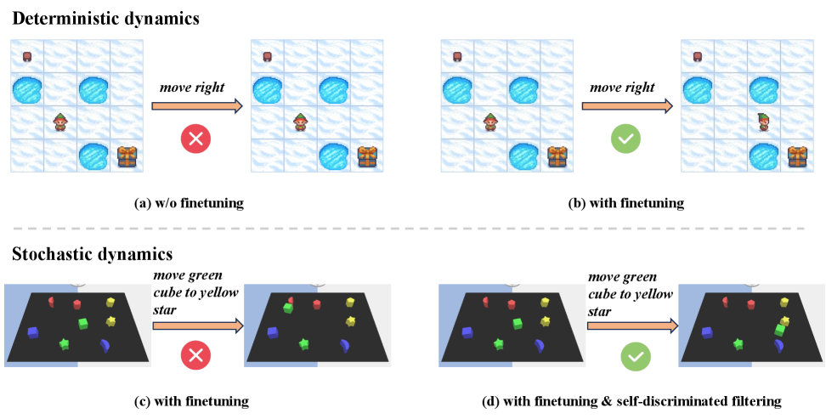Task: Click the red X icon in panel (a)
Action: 195,139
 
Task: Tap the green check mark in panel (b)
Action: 625,139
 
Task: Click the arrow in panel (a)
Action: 197,107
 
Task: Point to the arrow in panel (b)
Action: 627,107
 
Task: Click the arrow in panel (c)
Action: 197,325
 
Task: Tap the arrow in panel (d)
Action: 632,325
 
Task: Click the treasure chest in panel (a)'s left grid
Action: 127,156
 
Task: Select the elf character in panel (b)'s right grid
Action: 762,123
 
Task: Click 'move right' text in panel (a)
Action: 194,88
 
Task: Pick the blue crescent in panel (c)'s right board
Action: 345,344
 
